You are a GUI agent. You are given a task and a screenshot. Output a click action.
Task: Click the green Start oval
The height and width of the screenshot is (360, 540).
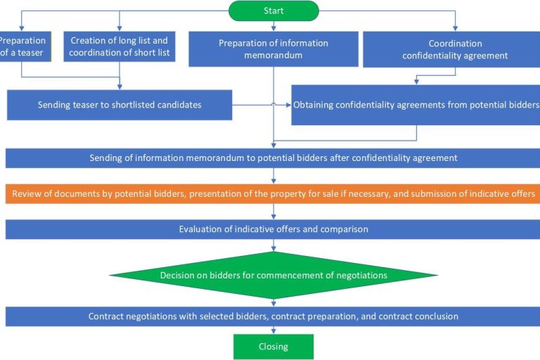274,11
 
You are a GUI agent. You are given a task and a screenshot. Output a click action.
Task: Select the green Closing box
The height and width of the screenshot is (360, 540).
274,347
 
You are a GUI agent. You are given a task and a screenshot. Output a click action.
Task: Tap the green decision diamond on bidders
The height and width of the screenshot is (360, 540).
274,276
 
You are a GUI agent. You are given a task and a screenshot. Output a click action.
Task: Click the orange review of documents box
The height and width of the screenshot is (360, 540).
274,193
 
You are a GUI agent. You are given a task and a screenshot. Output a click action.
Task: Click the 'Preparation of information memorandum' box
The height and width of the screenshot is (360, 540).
274,49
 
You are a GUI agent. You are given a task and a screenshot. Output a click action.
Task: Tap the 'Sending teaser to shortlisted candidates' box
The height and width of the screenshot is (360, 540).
120,105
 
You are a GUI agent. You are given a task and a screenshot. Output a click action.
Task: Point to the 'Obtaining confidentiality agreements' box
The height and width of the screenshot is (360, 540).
416,105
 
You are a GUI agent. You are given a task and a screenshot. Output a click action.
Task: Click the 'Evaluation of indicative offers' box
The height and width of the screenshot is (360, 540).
274,229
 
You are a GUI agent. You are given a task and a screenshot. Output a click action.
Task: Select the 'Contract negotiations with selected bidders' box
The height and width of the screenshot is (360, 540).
274,316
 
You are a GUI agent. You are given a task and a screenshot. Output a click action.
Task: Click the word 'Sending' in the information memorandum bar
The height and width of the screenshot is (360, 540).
106,157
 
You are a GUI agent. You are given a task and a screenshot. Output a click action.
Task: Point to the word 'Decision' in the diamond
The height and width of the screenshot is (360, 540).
179,276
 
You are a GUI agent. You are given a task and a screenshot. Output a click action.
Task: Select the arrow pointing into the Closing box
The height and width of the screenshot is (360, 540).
274,330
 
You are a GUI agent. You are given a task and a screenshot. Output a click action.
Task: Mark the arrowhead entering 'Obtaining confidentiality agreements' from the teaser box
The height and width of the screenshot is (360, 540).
288,105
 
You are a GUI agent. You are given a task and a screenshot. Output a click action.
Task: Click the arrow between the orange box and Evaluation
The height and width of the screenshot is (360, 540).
274,211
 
